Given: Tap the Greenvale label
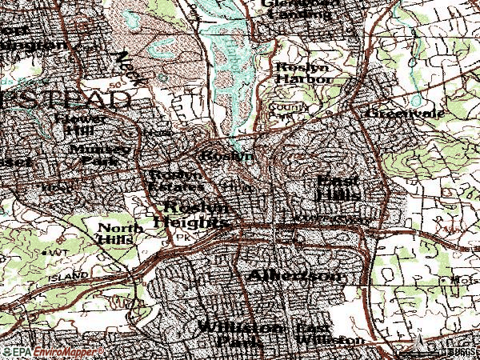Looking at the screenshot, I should tap(394, 114).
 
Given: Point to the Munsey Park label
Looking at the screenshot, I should tap(99, 154).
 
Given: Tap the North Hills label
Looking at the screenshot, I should tap(120, 233).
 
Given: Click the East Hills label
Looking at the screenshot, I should tap(339, 188).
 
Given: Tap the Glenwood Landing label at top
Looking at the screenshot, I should tap(297, 8).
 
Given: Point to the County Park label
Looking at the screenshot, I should tap(282, 109).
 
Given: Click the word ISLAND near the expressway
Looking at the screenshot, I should tap(67, 274).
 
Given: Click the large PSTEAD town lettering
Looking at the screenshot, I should tap(64, 101).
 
